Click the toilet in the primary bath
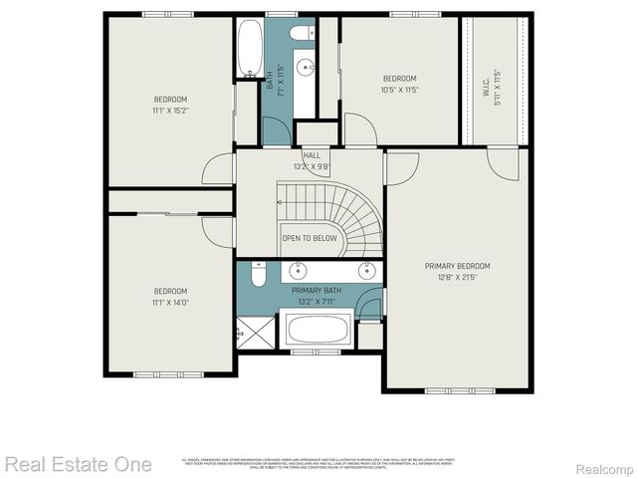[257, 272]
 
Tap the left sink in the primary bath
[299, 270]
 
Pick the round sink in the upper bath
[306, 70]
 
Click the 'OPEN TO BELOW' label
[310, 239]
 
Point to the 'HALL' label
[312, 156]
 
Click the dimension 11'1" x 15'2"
[170, 112]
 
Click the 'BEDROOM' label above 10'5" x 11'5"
[400, 79]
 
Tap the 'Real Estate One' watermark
[78, 464]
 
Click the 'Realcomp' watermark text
[602, 466]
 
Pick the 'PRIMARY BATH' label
[317, 290]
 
